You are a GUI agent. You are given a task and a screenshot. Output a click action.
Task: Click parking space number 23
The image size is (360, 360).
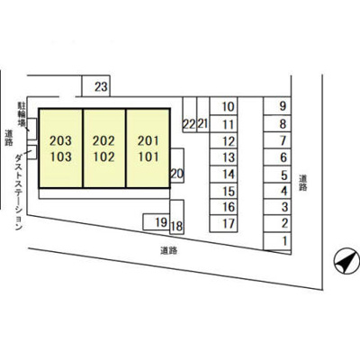coord(96,85)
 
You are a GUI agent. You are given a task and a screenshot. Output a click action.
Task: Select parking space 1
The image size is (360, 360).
coord(277,241)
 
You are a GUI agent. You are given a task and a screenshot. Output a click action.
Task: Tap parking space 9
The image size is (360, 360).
coord(277,106)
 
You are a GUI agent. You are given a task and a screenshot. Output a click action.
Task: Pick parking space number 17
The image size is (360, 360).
coord(223,223)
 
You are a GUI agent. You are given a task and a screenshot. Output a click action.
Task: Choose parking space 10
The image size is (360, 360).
coord(223,106)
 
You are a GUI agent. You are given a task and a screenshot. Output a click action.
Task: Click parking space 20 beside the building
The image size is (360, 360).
coord(177,166)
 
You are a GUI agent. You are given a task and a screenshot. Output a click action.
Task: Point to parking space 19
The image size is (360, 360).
coord(157,222)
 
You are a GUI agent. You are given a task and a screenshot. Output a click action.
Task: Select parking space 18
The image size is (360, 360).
coord(177,217)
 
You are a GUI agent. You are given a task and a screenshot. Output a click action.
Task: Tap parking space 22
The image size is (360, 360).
coord(190,114)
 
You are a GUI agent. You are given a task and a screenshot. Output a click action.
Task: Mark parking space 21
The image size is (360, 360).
coord(203,114)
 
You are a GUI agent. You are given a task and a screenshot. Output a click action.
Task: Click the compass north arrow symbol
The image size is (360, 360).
coord(347,260)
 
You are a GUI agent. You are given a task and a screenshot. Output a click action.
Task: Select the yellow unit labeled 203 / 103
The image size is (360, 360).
coord(61,148)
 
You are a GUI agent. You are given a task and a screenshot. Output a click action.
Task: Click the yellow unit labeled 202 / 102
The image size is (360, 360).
coord(104,148)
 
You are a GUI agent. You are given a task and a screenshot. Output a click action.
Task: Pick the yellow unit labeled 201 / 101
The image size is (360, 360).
coord(148,148)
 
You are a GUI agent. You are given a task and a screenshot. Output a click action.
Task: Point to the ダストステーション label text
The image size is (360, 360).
coord(19,191)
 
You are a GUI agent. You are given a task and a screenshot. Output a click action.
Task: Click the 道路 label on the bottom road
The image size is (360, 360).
coord(168,250)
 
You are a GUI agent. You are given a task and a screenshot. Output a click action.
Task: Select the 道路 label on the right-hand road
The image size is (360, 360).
coord(303,183)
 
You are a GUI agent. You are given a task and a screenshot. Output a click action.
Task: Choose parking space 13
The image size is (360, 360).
coord(223,157)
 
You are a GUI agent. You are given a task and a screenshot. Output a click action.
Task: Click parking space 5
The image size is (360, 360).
coord(277,175)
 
